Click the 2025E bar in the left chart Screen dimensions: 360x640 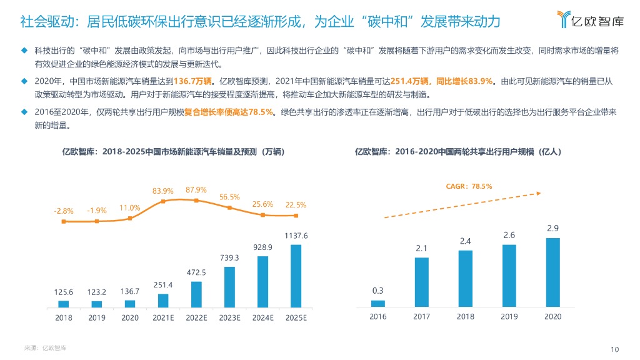296,276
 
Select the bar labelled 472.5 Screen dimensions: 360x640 196,294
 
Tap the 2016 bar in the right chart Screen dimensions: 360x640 378,304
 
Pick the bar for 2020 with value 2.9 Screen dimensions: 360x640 552,272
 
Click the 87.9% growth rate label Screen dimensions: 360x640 196,190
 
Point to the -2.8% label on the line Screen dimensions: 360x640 63,211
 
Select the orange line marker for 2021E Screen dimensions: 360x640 163,201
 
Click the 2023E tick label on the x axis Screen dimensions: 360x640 229,317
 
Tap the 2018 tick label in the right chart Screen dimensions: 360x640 465,317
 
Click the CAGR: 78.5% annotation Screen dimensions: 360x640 469,186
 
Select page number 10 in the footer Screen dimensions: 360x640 614,349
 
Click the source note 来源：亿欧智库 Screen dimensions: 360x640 45,347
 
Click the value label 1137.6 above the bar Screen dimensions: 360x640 296,236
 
